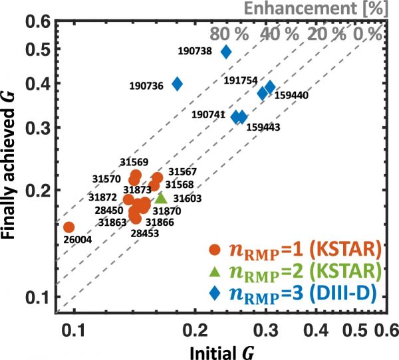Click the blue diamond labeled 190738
tap(226, 51)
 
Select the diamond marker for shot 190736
tap(178, 84)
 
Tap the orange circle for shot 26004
tap(68, 227)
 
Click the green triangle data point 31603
tap(161, 197)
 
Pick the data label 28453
tap(144, 234)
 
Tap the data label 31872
tap(102, 197)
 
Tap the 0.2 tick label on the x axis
tap(195, 329)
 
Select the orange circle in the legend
tap(213, 250)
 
